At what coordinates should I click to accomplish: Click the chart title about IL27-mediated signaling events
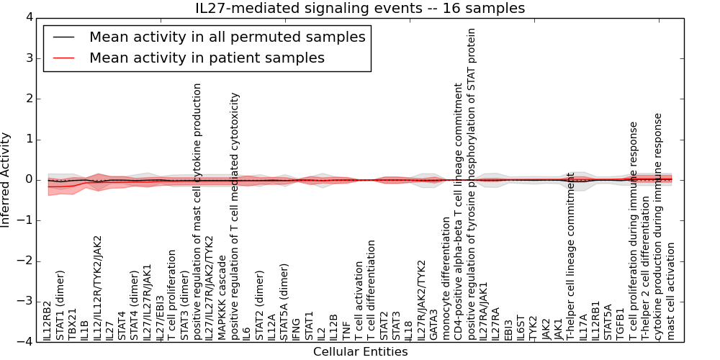tap(360, 9)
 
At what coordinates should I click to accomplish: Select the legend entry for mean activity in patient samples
tap(207, 58)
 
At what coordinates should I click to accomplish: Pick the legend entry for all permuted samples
tap(227, 37)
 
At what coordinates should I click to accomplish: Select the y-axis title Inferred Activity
tap(6, 180)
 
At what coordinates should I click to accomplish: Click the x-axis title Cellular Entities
tap(360, 352)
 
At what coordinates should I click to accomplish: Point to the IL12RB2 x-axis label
tap(47, 321)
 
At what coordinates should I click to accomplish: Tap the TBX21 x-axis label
tap(72, 324)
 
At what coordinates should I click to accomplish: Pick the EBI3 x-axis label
tap(508, 328)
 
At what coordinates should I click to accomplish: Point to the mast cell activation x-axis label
tap(671, 292)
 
